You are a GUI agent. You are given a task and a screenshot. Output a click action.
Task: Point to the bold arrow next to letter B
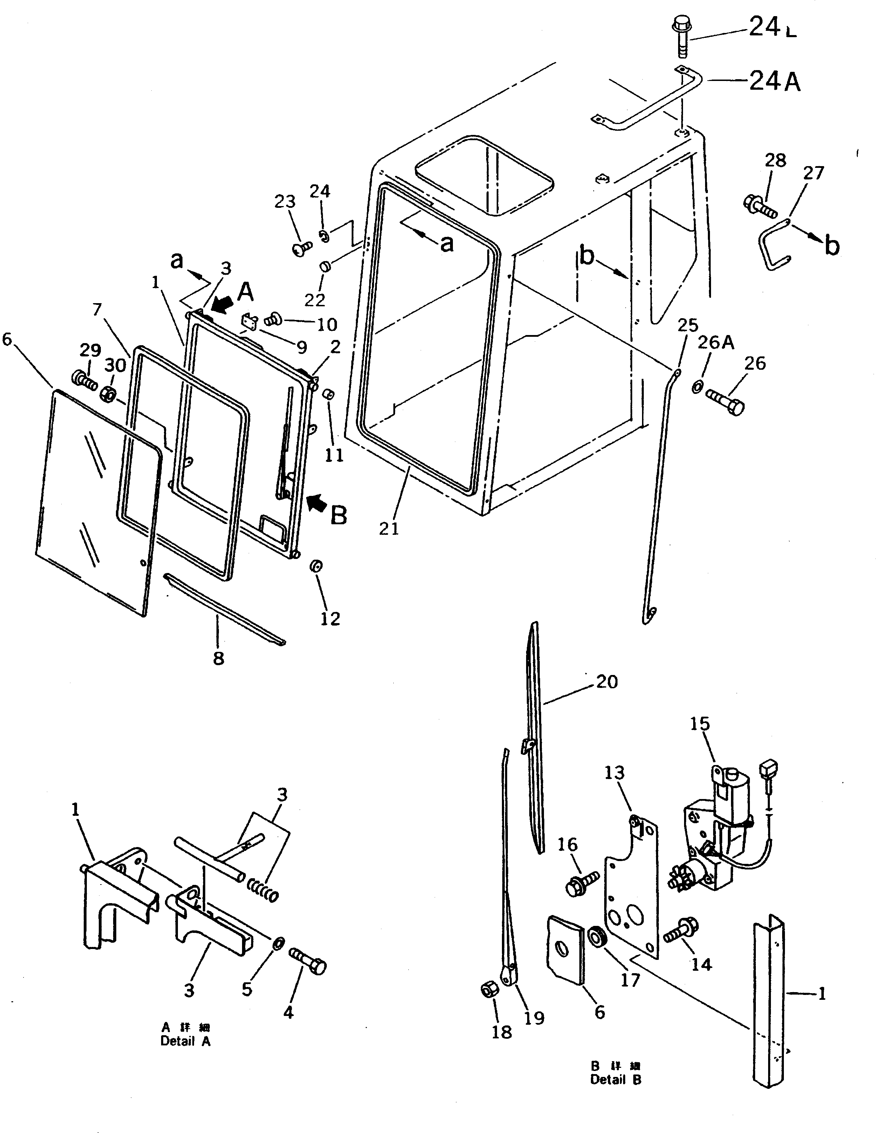[x=317, y=501]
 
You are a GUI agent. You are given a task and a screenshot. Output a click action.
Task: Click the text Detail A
[x=186, y=1041]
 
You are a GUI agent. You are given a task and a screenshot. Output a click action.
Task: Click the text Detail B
[x=615, y=1080]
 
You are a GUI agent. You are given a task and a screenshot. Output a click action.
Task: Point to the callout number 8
[x=218, y=658]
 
